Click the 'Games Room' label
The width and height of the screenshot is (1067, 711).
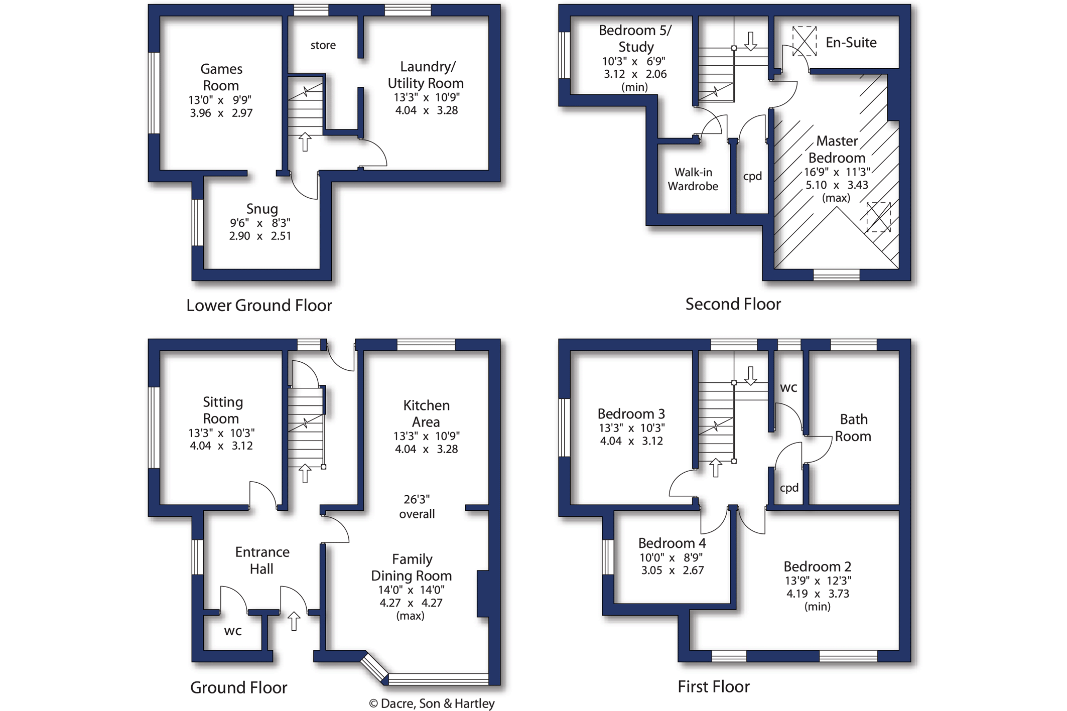click(221, 77)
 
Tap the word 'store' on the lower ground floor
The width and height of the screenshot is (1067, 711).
click(323, 45)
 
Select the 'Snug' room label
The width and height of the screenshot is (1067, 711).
click(261, 209)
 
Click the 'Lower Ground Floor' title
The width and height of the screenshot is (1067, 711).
click(259, 305)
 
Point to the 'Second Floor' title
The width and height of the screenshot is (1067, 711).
click(733, 304)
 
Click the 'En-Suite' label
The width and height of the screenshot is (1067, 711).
click(851, 43)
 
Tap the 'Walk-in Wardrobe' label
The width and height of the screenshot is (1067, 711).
click(693, 179)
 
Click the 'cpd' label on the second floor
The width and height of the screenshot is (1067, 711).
click(752, 176)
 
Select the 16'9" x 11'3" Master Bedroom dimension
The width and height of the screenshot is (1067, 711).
click(837, 172)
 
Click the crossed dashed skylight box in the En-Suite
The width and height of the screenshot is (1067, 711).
click(804, 41)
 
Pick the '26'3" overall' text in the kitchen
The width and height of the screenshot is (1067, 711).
click(417, 506)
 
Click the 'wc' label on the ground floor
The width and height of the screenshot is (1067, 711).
click(233, 631)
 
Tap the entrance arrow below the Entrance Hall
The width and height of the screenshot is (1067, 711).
click(294, 621)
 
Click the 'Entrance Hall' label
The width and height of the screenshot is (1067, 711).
click(262, 560)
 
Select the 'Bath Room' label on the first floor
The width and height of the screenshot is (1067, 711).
click(853, 428)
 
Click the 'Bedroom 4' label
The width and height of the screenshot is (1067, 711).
click(672, 543)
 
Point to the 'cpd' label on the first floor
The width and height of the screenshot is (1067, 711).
click(789, 488)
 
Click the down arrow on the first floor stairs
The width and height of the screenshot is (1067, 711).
click(750, 376)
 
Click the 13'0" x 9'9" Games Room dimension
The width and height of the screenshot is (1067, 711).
click(220, 100)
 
